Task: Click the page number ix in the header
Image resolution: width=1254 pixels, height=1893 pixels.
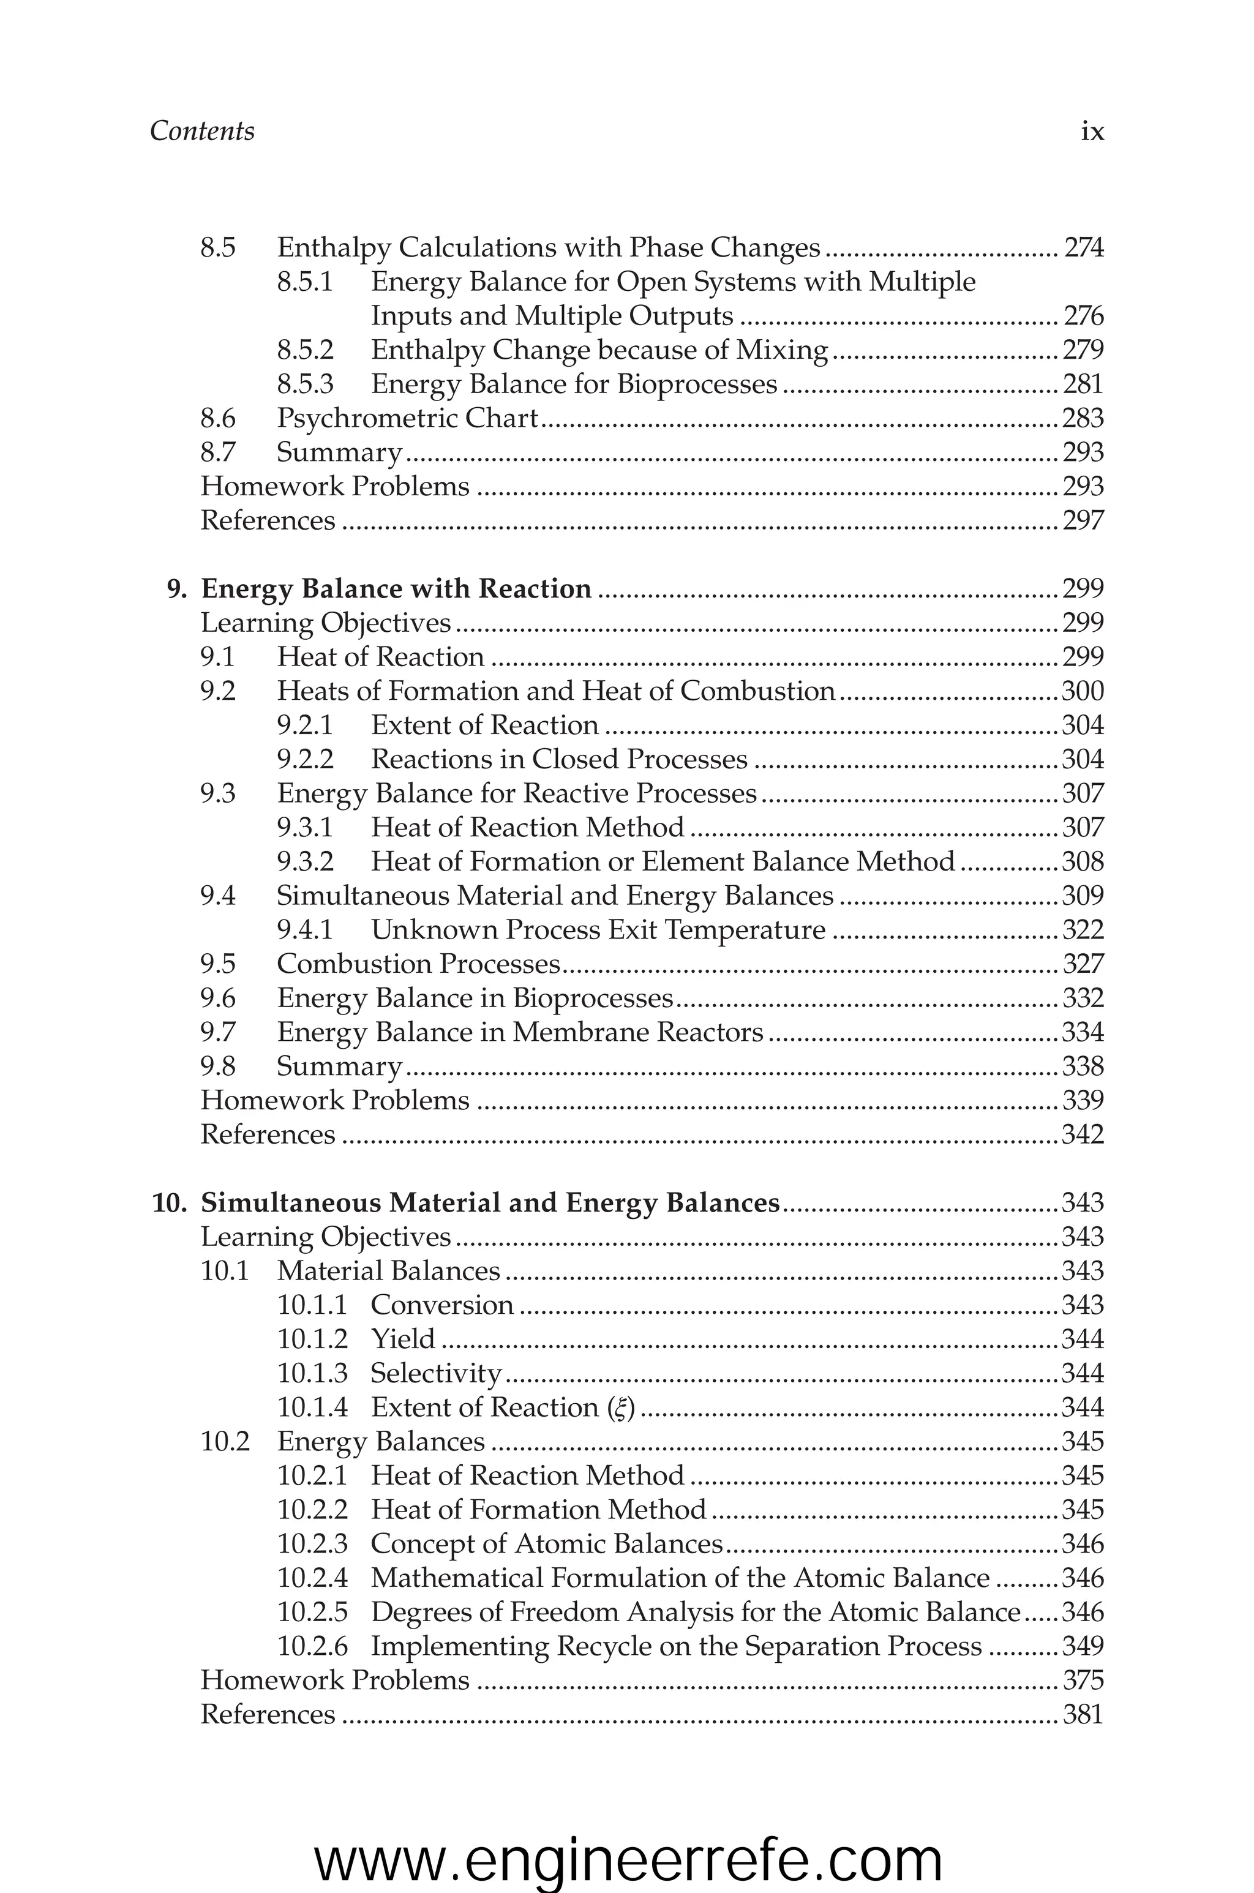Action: [x=1092, y=131]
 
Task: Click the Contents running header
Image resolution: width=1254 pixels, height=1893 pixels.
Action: [x=201, y=131]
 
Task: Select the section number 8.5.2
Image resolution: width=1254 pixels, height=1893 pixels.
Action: [x=305, y=350]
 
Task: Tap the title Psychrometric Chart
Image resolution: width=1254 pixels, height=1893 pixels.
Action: [x=407, y=418]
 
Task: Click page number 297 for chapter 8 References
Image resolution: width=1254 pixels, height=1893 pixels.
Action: [x=1083, y=520]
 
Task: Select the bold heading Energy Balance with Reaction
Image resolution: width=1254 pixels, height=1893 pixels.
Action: [x=396, y=588]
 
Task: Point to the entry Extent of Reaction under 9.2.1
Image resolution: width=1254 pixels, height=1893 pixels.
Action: [x=485, y=725]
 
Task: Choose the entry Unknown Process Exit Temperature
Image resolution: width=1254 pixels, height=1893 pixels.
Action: [x=598, y=930]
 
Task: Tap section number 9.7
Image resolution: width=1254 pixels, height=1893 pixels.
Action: [x=217, y=1032]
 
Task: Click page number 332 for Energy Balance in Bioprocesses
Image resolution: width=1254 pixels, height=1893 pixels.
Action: [x=1083, y=999]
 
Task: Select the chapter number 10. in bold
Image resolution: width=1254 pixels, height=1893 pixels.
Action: [x=169, y=1203]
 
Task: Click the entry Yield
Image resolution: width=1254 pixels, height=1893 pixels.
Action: [x=402, y=1339]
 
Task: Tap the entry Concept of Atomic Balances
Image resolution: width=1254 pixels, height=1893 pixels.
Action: [x=546, y=1543]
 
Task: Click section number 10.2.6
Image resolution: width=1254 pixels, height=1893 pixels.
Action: [x=312, y=1646]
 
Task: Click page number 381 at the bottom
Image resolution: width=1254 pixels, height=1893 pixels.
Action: [x=1083, y=1715]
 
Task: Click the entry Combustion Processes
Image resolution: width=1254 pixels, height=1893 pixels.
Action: [x=418, y=964]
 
